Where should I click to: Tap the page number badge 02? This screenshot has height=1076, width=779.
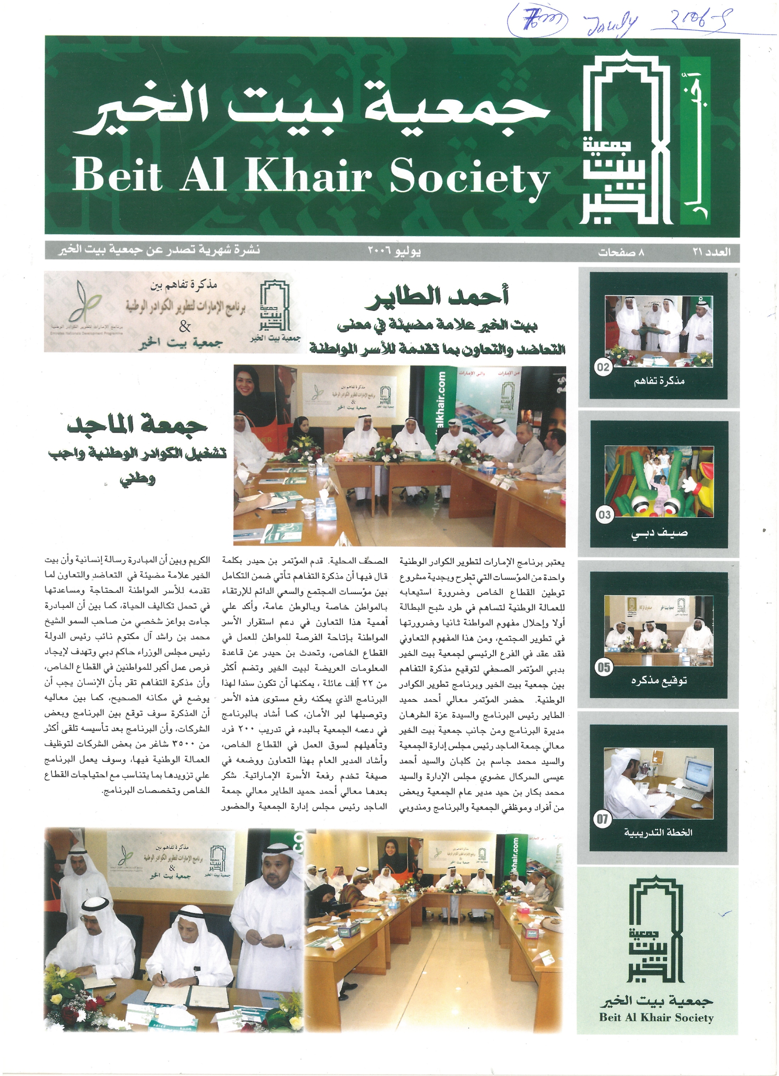602,367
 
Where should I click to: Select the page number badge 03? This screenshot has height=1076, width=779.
604,515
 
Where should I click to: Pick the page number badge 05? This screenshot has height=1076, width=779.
603,667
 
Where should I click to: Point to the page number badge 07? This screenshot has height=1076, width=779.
602,820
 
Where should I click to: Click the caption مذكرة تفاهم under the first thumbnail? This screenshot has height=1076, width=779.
659,381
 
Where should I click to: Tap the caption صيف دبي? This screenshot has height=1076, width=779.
659,533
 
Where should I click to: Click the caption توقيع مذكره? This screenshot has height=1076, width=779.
659,680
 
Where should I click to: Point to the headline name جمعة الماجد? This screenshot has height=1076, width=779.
137,426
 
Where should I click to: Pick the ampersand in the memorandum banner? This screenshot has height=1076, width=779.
185,326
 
